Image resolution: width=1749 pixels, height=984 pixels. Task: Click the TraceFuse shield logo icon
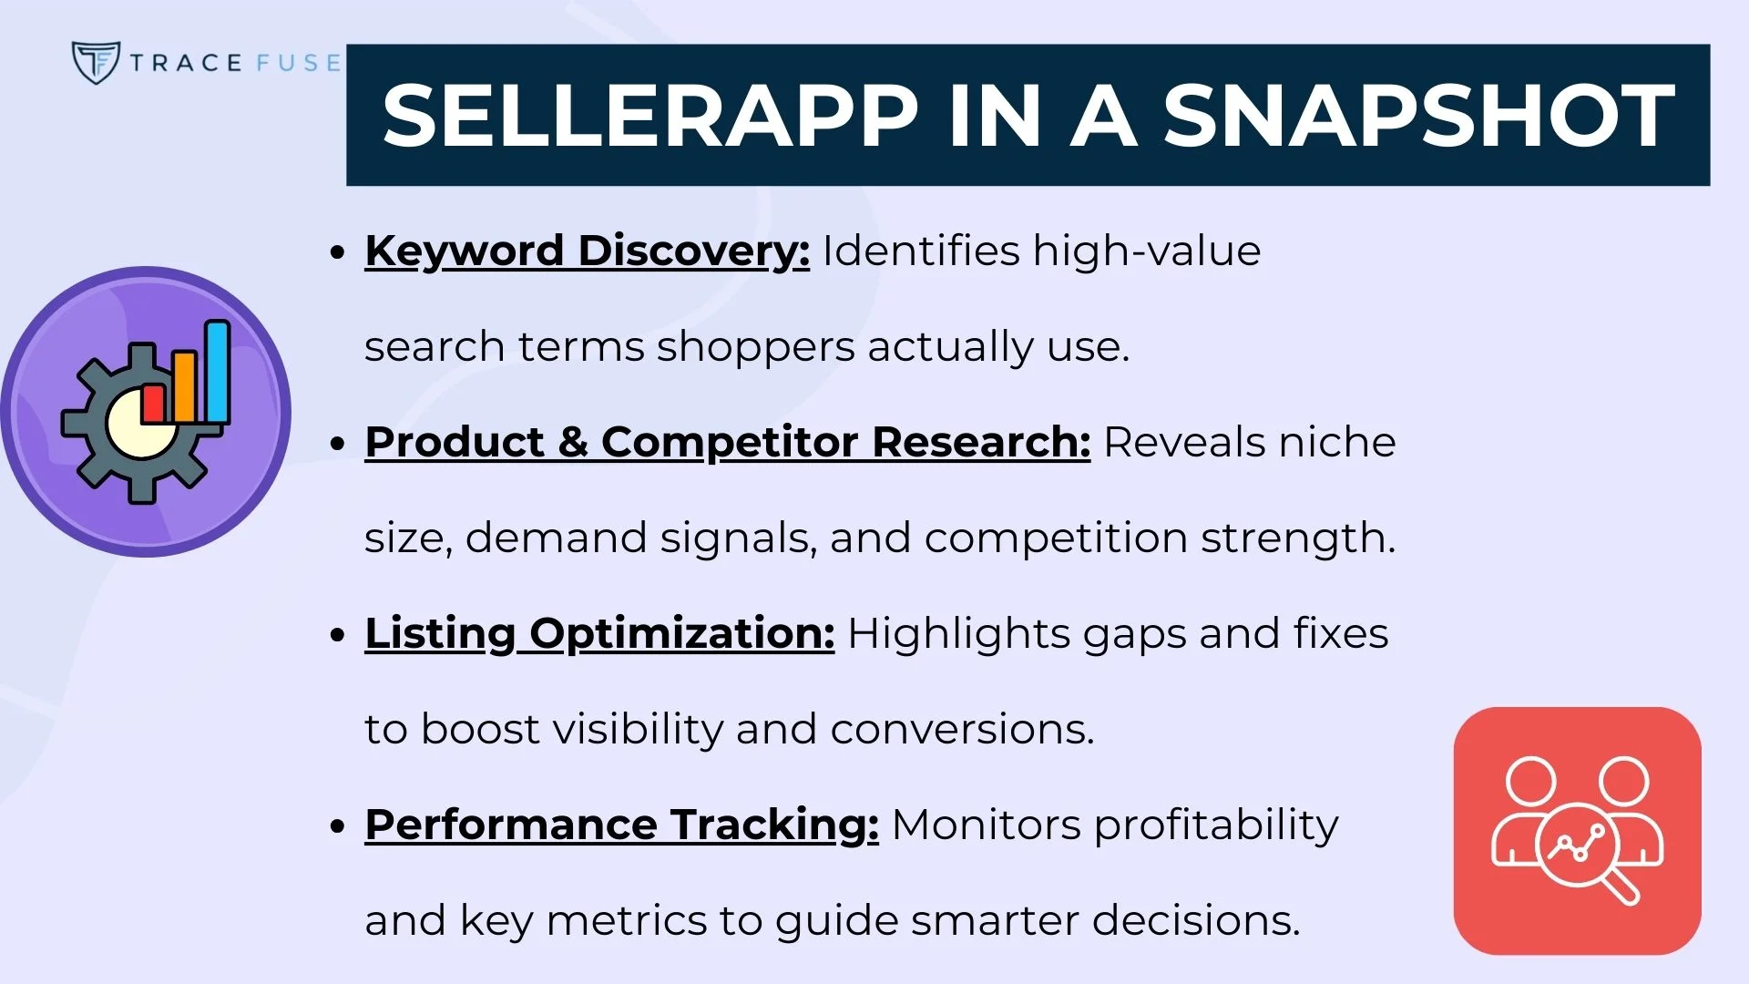point(95,62)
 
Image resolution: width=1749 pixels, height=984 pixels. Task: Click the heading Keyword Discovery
point(587,251)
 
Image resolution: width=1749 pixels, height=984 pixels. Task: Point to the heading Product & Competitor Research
point(727,442)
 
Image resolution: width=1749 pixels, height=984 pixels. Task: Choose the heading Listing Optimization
point(599,633)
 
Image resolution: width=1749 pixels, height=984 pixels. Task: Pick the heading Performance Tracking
point(621,825)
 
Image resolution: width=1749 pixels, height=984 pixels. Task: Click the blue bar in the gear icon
point(217,371)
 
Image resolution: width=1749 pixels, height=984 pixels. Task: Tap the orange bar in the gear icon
point(184,386)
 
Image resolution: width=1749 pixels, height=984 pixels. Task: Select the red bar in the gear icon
point(153,404)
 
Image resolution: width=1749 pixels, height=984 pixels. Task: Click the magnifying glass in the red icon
point(1580,849)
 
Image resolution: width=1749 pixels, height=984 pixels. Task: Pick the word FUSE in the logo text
point(298,63)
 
